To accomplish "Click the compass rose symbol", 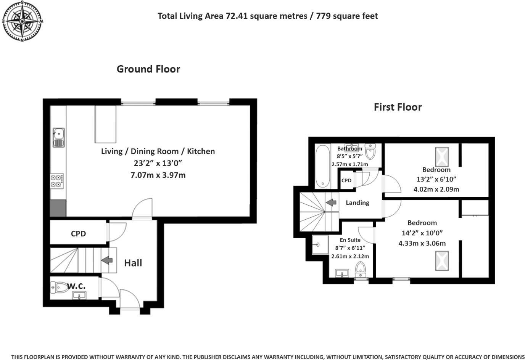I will coord(23,21).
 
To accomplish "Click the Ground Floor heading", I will coord(148,69).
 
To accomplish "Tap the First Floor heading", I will coord(398,107).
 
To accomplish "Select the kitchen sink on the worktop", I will coord(58,138).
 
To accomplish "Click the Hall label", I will coord(133,263).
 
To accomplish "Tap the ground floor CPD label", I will coord(78,234).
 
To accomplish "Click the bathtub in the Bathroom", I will coord(323,167).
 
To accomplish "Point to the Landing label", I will coord(358,203).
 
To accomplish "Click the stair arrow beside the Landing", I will coord(331,202).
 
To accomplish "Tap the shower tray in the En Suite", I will coord(320,244).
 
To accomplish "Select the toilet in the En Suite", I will coord(361,270).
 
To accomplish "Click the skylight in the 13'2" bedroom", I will coord(442,157).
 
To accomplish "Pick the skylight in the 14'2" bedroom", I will coord(442,261).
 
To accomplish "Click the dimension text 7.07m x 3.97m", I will coord(158,175).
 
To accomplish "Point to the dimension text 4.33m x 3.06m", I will coord(422,243).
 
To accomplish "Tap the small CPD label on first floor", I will coord(346,180).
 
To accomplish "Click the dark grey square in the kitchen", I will coord(58,208).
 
